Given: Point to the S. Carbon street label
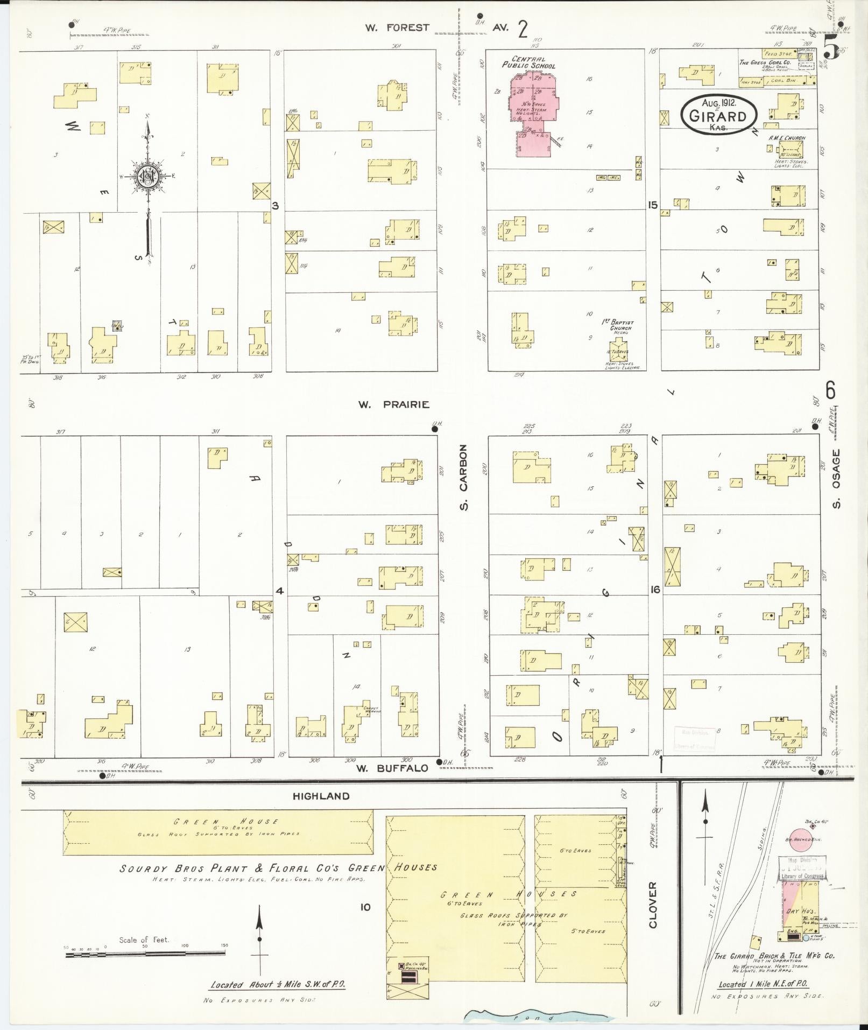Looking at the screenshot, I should (464, 477).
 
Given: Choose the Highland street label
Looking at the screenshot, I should (321, 796).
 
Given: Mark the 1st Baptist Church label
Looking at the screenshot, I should (617, 325).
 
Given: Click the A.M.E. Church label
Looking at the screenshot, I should (787, 138).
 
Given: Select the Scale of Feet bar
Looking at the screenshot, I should (145, 954).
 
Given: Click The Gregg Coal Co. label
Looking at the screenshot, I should (764, 62).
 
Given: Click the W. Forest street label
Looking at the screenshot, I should (397, 27).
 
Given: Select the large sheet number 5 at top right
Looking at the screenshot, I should (831, 51).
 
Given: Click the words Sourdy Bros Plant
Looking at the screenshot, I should (178, 868).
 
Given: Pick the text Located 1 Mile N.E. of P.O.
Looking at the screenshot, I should (764, 985).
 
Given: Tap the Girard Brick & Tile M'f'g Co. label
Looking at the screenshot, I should (774, 956).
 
